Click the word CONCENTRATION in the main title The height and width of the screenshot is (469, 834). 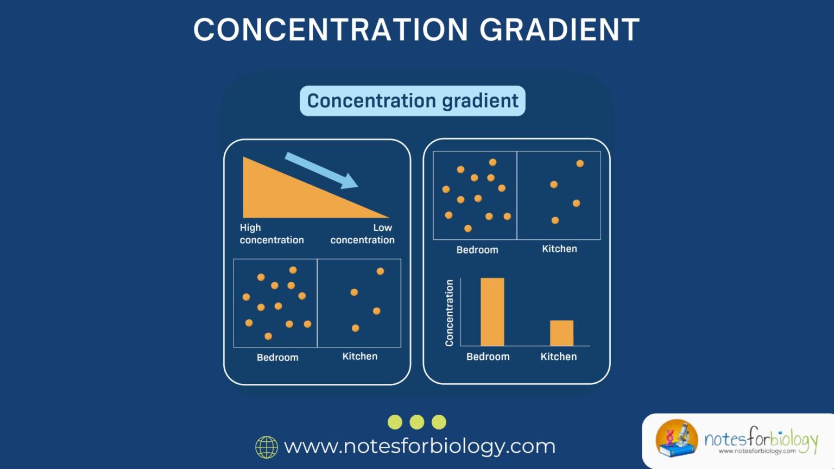point(330,30)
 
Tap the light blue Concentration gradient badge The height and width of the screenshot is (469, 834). point(413,101)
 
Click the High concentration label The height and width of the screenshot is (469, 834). point(271,234)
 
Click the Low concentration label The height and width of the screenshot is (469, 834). point(363,234)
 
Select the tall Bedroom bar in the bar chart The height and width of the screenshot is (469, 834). point(492,312)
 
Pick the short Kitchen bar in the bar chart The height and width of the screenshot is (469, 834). point(561,333)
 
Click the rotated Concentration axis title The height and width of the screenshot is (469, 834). point(449,313)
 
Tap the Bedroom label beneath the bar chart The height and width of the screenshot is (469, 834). point(488,357)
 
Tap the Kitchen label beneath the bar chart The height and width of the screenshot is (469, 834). point(558,357)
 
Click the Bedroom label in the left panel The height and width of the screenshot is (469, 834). point(277,357)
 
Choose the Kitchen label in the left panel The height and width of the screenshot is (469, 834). point(359,356)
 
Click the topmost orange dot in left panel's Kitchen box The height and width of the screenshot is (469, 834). point(380,271)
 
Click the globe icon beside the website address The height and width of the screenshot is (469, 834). point(267,447)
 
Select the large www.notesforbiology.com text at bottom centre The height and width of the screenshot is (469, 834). point(420,446)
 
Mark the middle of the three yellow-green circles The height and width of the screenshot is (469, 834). point(417,422)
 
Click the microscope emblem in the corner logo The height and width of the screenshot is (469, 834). point(677,438)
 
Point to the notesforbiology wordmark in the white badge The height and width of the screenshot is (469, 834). point(760,439)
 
